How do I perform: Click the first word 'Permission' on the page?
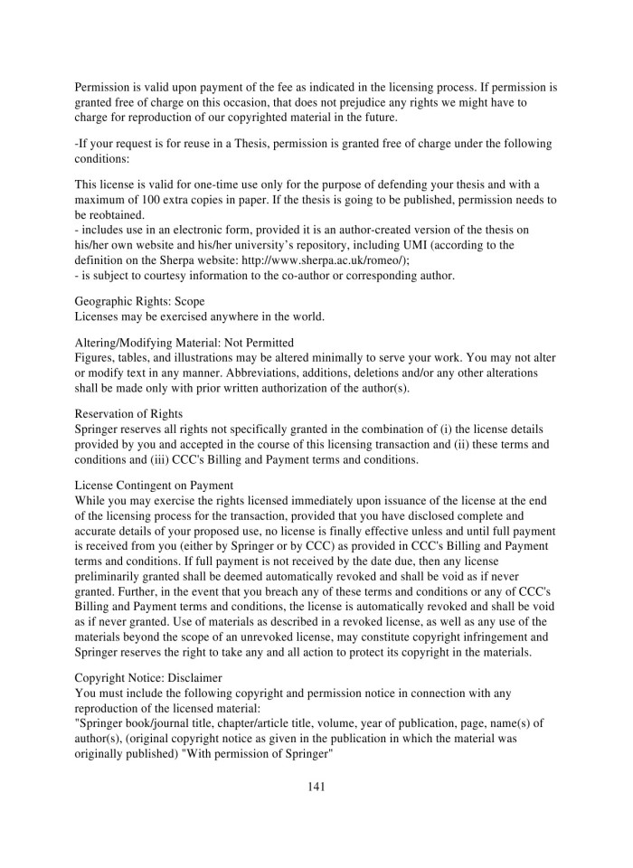(x=103, y=88)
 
